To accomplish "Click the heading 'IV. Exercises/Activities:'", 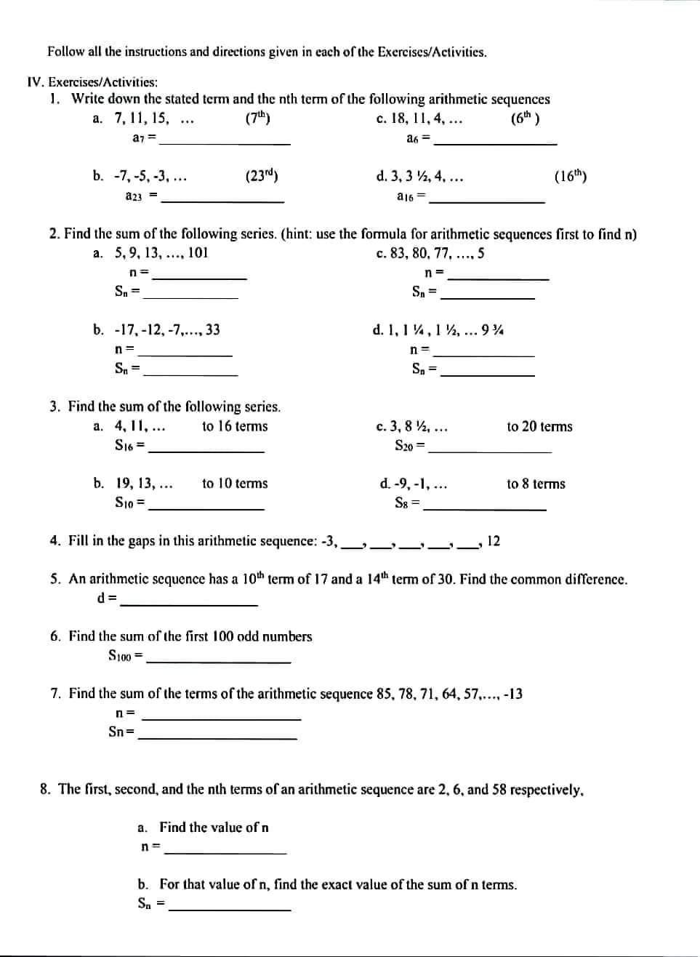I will [92, 83].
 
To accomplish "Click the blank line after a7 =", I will [225, 143].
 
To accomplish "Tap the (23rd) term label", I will [262, 176].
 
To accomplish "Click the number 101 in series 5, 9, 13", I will [198, 254].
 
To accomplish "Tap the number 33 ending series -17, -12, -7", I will [212, 330].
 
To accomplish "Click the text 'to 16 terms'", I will [235, 427].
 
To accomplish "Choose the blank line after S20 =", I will [490, 451].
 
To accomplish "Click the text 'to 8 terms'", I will [536, 484].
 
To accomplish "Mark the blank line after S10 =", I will [206, 508].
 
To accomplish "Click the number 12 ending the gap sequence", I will [493, 541].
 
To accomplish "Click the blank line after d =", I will [189, 604].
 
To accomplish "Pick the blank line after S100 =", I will [219, 661].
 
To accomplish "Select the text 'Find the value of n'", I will [214, 828].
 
